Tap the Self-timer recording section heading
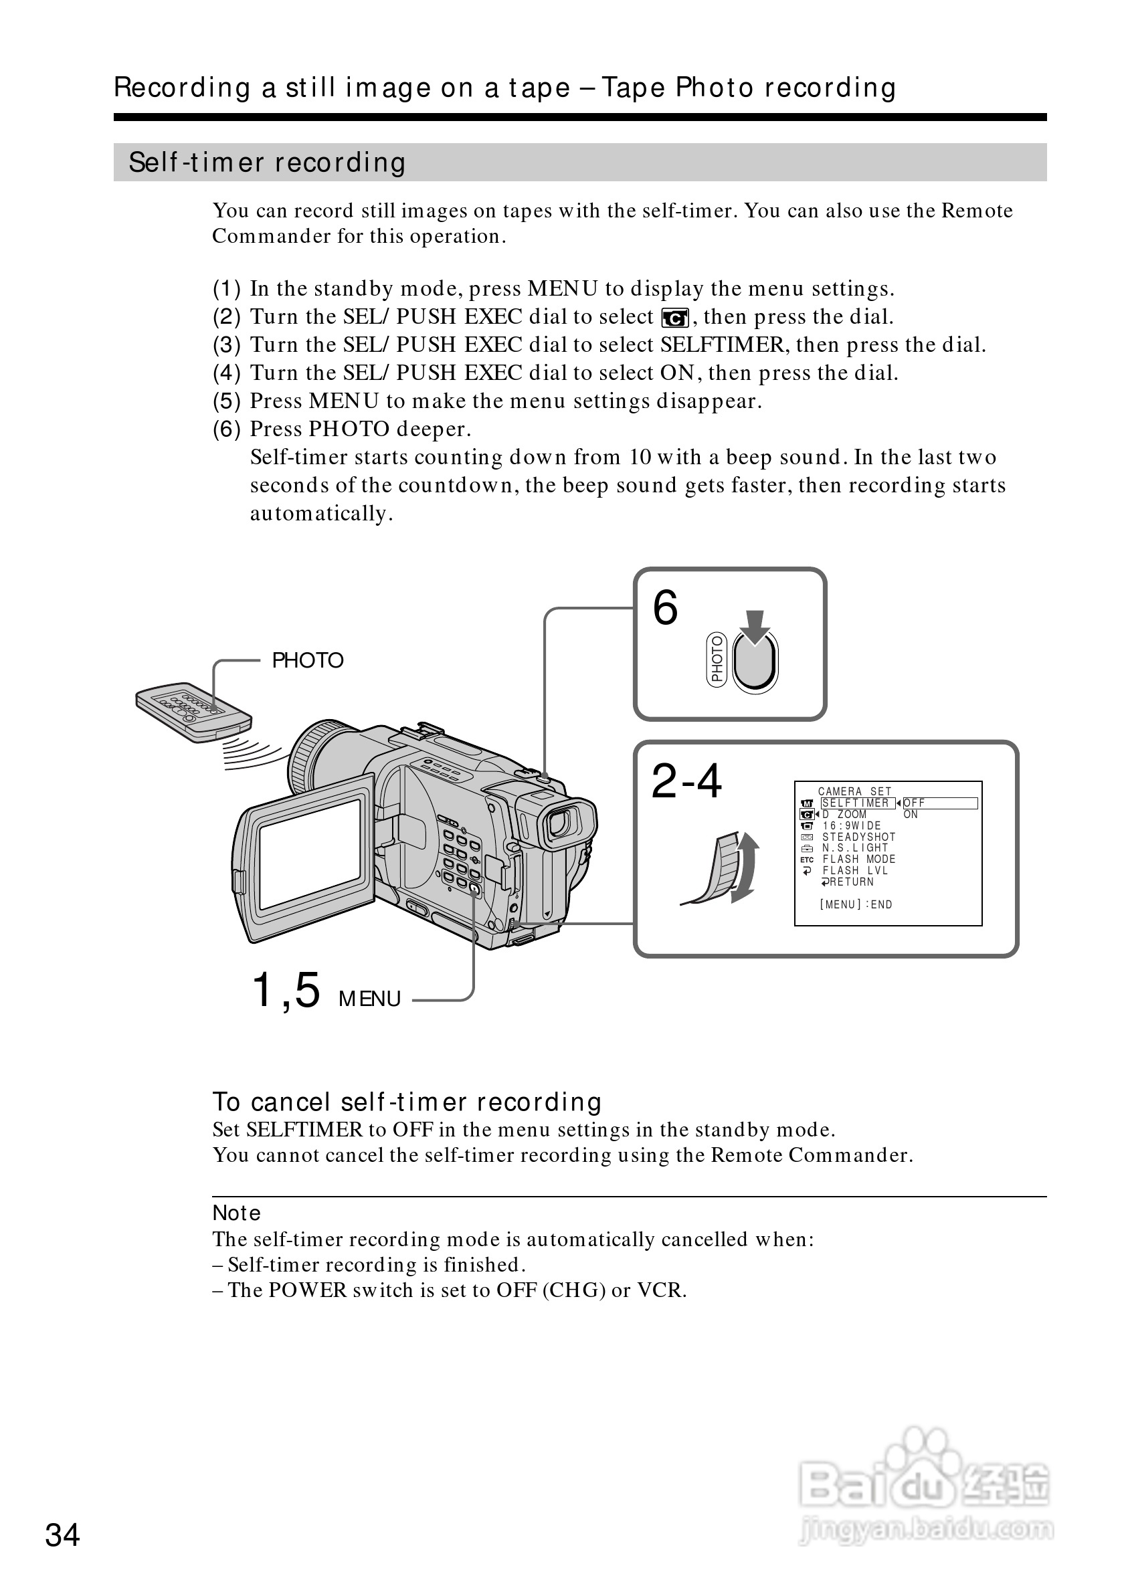(267, 163)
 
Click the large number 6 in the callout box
(665, 608)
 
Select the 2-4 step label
(686, 781)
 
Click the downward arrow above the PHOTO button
(755, 627)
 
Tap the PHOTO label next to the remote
(307, 661)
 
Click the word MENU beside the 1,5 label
(369, 999)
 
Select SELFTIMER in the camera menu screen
(856, 803)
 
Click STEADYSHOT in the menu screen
(858, 837)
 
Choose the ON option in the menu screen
(911, 815)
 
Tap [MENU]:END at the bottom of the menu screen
(856, 904)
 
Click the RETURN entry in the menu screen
(849, 882)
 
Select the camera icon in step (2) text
(674, 318)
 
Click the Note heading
(236, 1213)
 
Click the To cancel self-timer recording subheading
(406, 1102)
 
